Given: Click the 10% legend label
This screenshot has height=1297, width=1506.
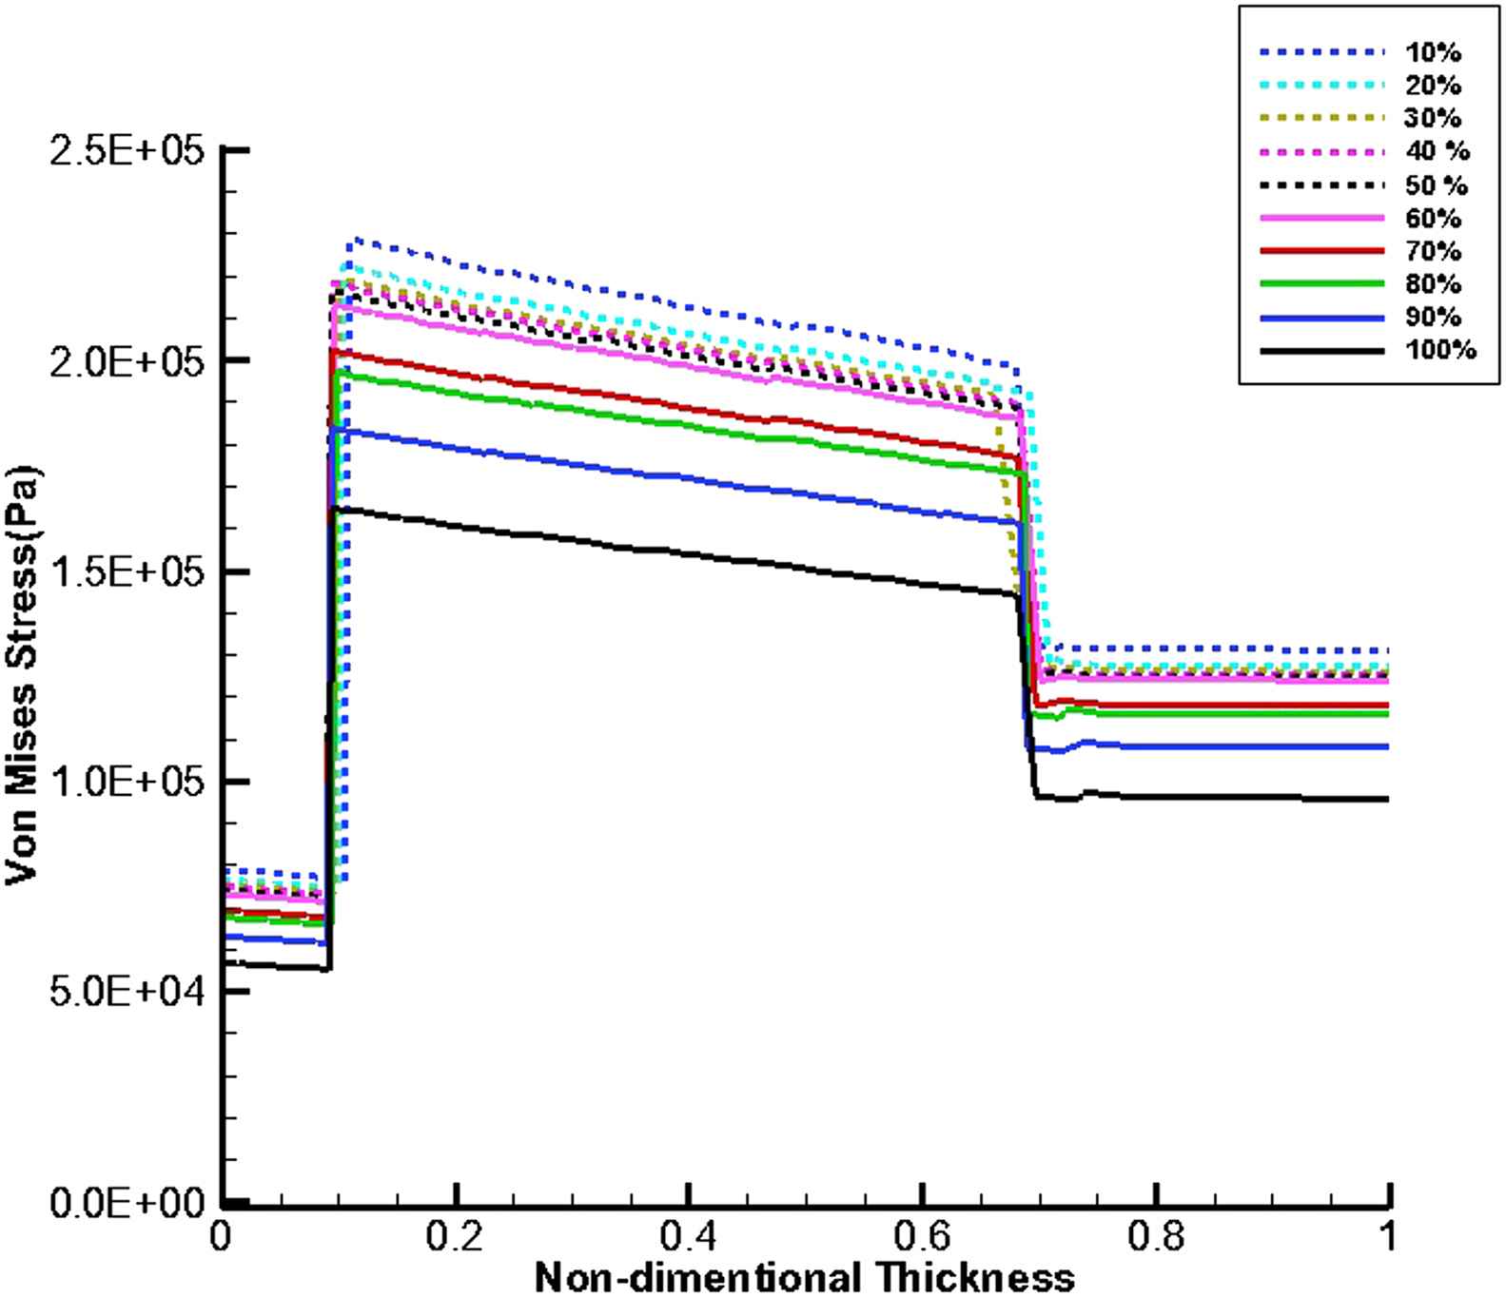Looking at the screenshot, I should click(x=1432, y=52).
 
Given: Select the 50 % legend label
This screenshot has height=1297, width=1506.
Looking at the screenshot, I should click(x=1436, y=185).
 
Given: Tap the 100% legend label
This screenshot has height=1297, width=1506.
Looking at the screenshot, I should click(x=1440, y=351).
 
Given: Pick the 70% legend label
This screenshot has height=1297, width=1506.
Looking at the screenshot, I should click(x=1432, y=251).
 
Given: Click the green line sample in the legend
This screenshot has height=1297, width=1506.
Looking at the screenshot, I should click(x=1321, y=283).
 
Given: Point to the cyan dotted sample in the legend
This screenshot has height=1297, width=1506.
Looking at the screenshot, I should click(x=1321, y=86).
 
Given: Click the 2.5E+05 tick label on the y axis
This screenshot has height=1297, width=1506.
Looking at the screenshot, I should click(x=126, y=151).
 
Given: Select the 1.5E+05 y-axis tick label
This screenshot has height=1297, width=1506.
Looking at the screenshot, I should click(x=126, y=572).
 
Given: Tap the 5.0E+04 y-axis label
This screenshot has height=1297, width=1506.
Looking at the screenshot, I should click(x=126, y=992).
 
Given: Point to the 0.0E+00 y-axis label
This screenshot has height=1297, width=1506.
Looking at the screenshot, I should click(x=126, y=1204).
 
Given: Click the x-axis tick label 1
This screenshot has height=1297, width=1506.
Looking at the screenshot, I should click(x=1390, y=1235).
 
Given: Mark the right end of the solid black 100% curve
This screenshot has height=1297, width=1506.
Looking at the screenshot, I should click(x=1388, y=800).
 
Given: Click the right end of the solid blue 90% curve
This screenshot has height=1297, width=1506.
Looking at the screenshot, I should click(x=1388, y=747).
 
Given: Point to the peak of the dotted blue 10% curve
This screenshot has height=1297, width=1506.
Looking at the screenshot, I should click(x=355, y=239).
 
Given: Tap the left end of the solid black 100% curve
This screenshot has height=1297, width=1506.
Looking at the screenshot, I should click(x=225, y=963).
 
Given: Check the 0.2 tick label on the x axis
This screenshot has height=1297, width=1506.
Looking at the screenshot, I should click(x=457, y=1235).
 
